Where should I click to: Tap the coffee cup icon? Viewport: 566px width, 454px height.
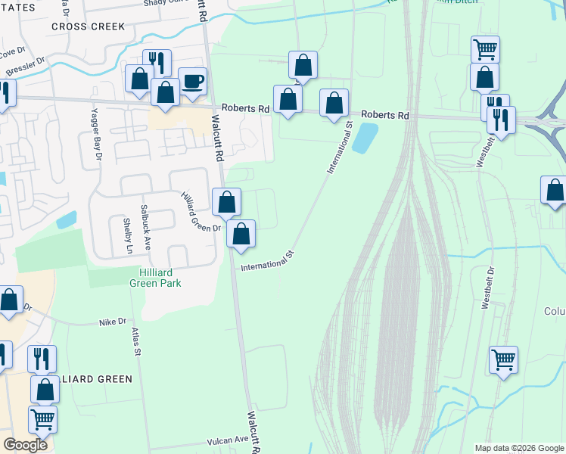[x=192, y=80]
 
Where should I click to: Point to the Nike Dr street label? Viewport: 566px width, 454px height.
[x=113, y=322]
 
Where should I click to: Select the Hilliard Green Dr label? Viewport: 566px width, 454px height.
[x=200, y=211]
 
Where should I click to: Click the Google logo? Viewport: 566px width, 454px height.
[x=26, y=445]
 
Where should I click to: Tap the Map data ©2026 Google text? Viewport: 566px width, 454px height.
[x=518, y=448]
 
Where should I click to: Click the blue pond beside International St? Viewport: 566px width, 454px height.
[x=365, y=138]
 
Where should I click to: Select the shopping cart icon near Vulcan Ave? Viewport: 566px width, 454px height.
[x=42, y=418]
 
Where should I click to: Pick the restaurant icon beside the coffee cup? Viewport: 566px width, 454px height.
[x=157, y=62]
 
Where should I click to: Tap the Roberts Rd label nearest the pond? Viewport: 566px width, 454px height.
[x=384, y=115]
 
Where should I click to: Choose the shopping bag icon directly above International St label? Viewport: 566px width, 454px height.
[x=241, y=233]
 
